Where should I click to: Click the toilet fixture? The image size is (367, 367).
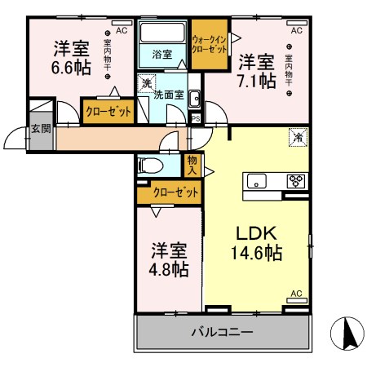pos(150,166)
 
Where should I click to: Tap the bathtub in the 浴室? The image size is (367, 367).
pos(162,32)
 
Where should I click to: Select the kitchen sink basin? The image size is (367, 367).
pos(256,181)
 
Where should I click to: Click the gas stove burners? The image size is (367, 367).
pos(296,181)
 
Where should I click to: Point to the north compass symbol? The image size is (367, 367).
pos(347,334)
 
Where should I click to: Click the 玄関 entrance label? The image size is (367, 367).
pos(41,129)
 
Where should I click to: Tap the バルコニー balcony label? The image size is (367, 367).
pos(223,332)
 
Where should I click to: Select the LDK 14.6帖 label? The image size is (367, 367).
pos(256,243)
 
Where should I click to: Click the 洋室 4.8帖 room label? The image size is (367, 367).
pos(169,259)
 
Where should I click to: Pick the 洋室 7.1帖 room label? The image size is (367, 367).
pos(257,72)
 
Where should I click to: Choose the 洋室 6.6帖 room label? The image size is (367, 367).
pos(71,58)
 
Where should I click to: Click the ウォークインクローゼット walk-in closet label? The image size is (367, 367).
pos(209,45)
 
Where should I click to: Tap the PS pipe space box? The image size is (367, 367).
pos(196,119)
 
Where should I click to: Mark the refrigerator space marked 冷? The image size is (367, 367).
pos(298,138)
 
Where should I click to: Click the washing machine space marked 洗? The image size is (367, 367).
pos(147,83)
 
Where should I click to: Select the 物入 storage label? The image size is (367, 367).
pos(192,166)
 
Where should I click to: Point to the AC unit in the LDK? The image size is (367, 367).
pos(297,300)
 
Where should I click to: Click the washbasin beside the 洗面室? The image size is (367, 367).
pos(194,98)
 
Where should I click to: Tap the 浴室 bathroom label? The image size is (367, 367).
pos(162,55)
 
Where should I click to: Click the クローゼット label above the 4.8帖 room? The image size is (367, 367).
pos(175,192)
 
